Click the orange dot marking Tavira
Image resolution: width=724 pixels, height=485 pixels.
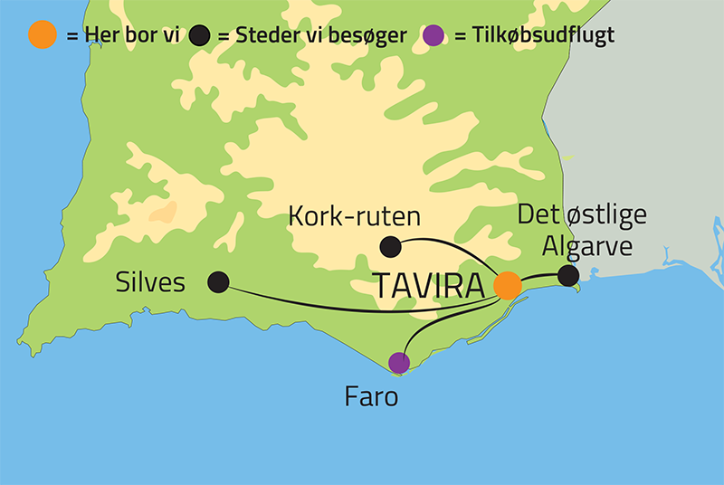click(x=508, y=285)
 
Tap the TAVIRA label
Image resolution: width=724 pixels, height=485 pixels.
click(x=431, y=285)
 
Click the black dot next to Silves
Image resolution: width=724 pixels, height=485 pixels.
click(x=218, y=282)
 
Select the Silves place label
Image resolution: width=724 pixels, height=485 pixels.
click(x=150, y=282)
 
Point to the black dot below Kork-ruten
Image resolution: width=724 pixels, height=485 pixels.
click(x=390, y=245)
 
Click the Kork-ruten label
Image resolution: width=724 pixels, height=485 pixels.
click(x=354, y=216)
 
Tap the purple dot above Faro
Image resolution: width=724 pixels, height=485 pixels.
click(x=398, y=363)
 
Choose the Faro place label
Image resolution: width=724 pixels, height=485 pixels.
click(x=371, y=396)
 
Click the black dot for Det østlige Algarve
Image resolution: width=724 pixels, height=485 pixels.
click(x=567, y=275)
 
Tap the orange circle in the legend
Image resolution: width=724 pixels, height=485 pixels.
click(x=43, y=35)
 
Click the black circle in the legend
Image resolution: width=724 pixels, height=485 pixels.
click(x=201, y=35)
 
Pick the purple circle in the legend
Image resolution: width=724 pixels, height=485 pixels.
click(x=435, y=35)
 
